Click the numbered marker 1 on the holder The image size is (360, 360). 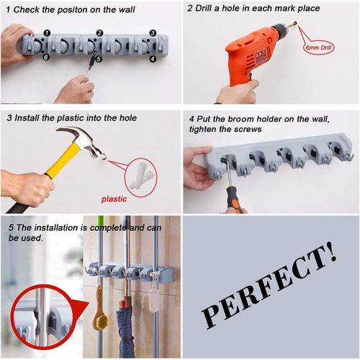tap(47, 33)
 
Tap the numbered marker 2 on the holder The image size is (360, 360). tap(99, 33)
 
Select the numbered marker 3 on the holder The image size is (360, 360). tap(153, 33)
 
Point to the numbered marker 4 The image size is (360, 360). tap(153, 58)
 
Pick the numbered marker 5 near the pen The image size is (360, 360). tap(99, 58)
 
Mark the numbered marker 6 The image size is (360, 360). tap(47, 58)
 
